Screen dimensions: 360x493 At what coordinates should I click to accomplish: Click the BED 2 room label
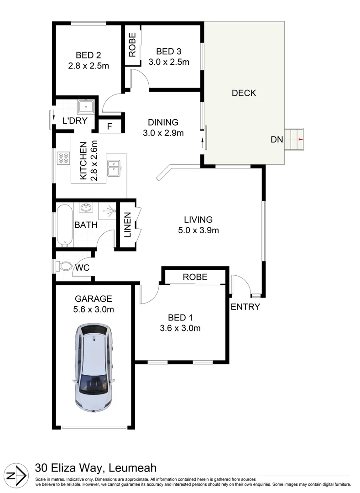[88, 55]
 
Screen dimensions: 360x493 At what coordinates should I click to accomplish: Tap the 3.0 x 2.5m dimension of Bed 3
[169, 62]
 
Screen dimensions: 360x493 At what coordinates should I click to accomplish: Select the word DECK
[244, 93]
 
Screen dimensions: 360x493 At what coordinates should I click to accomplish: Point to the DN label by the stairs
[277, 139]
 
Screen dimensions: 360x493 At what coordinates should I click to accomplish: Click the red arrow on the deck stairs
[301, 139]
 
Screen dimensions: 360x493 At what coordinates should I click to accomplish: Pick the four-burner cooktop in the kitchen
[64, 158]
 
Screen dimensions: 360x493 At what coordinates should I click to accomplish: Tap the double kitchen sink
[114, 168]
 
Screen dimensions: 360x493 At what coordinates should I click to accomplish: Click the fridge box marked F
[110, 126]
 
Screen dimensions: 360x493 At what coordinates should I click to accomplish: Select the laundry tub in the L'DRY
[85, 106]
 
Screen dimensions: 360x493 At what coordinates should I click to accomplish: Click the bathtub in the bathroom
[64, 226]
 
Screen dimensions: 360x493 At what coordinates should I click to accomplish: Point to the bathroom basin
[85, 208]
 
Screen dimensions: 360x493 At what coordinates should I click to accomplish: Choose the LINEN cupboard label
[127, 225]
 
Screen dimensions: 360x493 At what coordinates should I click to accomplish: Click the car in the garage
[94, 367]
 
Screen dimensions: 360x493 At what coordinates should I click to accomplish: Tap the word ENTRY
[245, 307]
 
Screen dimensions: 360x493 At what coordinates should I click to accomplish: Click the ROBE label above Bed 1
[195, 277]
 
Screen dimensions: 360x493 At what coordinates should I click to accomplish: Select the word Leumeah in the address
[133, 468]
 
